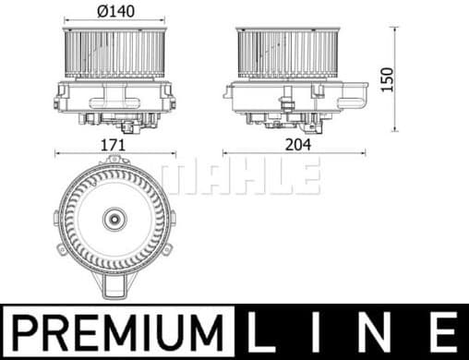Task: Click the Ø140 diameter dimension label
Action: (114, 10)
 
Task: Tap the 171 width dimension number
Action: (115, 144)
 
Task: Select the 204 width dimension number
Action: (299, 144)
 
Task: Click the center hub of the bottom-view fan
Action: (114, 221)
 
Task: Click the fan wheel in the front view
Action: (114, 53)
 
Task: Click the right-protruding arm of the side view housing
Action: (355, 90)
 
